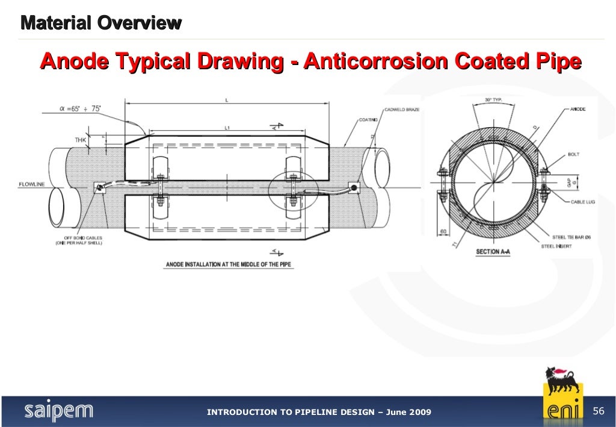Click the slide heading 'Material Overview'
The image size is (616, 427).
(100, 23)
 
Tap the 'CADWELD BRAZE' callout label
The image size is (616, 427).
(402, 110)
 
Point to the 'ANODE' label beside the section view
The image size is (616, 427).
(577, 110)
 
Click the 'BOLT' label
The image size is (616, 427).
(574, 155)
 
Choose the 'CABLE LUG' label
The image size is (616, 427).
(582, 202)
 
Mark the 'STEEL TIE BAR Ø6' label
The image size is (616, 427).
(576, 237)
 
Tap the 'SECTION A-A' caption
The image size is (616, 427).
(492, 252)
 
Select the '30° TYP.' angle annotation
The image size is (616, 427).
(493, 100)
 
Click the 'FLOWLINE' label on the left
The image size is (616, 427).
(31, 184)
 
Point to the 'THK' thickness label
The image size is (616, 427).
(81, 140)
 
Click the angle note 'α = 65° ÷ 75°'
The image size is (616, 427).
(80, 109)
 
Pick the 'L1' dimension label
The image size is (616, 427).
(226, 128)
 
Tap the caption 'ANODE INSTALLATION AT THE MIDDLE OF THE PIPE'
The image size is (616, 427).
(229, 264)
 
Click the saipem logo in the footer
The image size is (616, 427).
(58, 411)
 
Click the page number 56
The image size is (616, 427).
(598, 411)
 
